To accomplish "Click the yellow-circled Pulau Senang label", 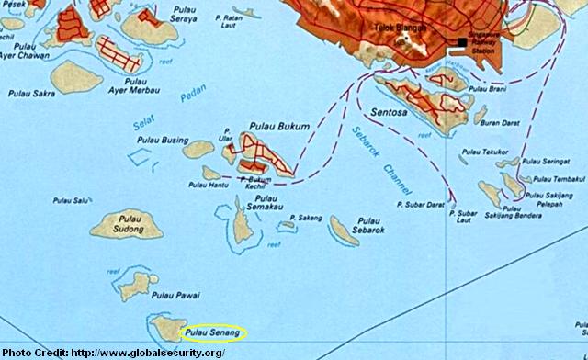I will coord(212,332).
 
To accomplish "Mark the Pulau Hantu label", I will coord(209,186).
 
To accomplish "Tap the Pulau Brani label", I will coord(487,89).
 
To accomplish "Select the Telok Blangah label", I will coord(397,28).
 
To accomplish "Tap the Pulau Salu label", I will coord(72,199).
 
